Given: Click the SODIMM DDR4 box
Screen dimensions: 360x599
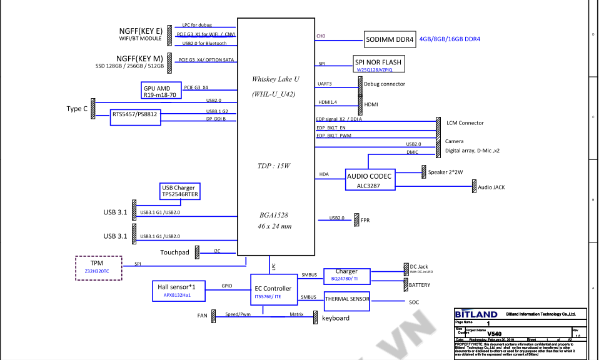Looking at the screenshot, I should click(x=390, y=39).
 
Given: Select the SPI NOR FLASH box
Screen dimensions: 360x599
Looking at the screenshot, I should click(x=378, y=65).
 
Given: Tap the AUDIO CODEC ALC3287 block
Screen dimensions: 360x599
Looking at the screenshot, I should click(x=370, y=181).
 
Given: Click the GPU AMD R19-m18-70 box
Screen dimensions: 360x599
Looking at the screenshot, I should click(x=161, y=91).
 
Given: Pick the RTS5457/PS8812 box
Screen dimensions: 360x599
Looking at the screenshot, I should click(x=134, y=116).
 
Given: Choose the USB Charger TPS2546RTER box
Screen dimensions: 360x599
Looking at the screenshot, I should click(x=179, y=191).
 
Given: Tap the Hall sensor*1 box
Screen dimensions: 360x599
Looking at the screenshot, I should click(x=177, y=290).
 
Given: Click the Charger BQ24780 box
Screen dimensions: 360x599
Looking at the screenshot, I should click(x=346, y=275).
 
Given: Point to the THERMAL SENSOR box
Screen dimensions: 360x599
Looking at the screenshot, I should click(x=347, y=300).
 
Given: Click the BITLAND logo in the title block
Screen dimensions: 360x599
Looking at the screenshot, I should click(x=476, y=314).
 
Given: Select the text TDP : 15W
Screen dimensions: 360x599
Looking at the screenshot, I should click(x=273, y=166).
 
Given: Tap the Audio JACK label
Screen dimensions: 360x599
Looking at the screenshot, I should click(x=491, y=187).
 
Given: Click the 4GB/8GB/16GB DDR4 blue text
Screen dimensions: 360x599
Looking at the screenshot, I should click(x=450, y=39).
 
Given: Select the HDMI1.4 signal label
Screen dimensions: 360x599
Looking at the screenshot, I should click(x=328, y=101).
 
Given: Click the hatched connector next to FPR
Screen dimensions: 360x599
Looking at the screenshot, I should click(x=355, y=220).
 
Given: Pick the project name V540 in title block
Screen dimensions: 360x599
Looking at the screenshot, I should click(x=495, y=333).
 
